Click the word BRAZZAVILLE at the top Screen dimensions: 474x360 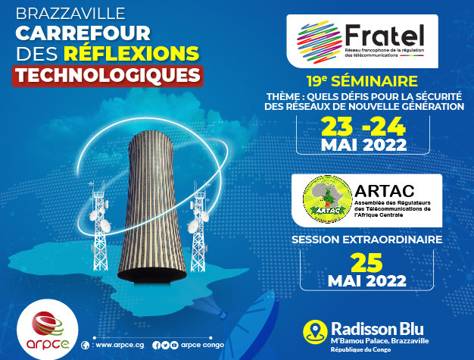(70, 14)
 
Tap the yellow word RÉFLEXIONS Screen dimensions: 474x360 (132, 53)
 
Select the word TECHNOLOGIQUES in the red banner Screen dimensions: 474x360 (108, 75)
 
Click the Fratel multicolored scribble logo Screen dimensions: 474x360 (318, 42)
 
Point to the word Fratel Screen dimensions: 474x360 (385, 35)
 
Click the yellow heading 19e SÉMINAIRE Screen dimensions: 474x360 (362, 81)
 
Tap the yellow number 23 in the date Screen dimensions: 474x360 (337, 127)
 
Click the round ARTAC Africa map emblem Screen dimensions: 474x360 (328, 199)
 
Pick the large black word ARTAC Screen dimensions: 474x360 (385, 191)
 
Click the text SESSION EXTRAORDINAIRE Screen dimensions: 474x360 (367, 239)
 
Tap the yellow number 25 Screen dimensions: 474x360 (366, 263)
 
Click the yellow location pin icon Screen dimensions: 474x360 (315, 332)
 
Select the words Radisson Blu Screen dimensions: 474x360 (377, 329)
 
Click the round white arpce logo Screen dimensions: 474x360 (48, 330)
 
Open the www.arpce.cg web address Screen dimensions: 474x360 (120, 345)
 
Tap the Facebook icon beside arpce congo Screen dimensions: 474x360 (156, 345)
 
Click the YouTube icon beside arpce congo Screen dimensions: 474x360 (174, 345)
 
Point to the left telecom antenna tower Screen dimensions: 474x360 (99, 226)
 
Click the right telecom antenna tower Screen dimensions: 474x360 (198, 227)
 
